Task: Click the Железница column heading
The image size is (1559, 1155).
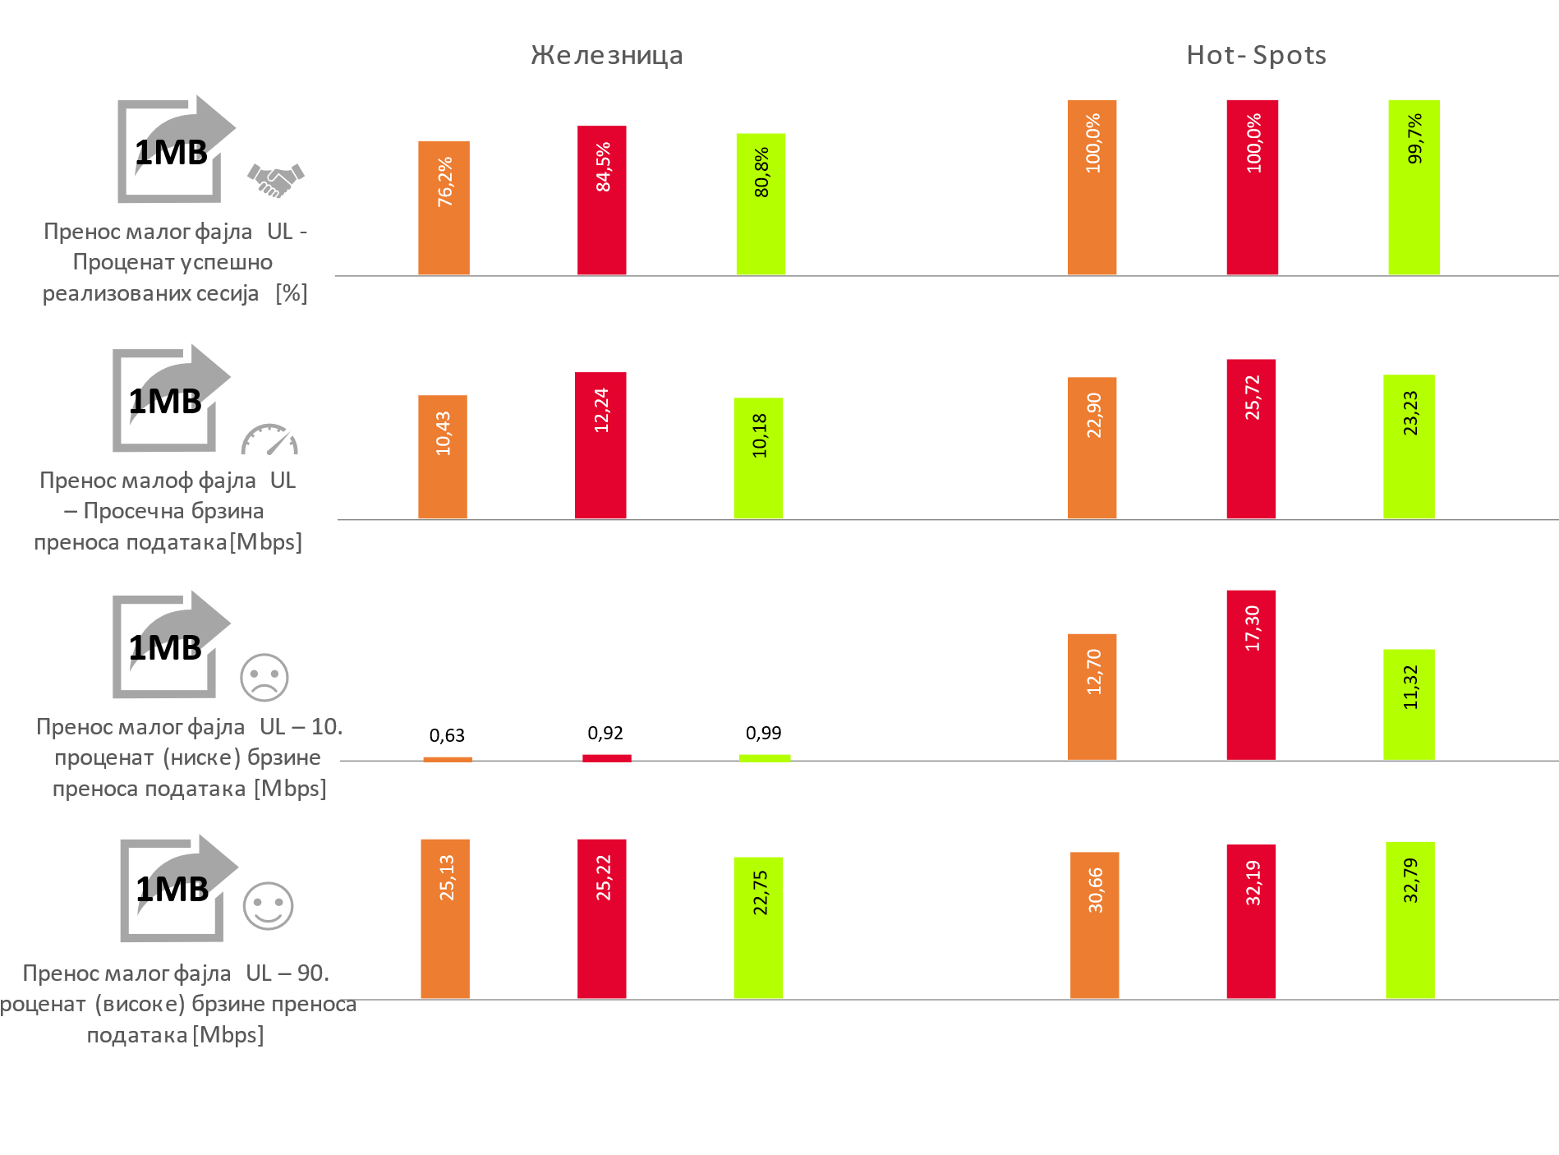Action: [606, 55]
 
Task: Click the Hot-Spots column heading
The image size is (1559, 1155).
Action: [1256, 55]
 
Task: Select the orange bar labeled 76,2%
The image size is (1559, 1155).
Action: [444, 208]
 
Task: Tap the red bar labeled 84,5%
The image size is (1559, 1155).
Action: [601, 200]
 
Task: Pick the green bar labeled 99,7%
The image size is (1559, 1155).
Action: [1414, 187]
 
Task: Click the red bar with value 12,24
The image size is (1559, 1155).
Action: [600, 445]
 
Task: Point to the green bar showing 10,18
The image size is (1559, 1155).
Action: [758, 458]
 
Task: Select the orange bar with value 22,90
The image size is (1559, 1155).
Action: [1092, 448]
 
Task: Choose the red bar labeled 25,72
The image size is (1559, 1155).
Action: [1251, 439]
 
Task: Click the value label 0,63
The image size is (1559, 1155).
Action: [447, 735]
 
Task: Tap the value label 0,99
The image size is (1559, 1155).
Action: [763, 733]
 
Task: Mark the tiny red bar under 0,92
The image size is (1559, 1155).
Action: [607, 758]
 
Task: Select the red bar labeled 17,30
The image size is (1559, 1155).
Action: [1251, 674]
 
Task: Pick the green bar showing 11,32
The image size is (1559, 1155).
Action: [1409, 704]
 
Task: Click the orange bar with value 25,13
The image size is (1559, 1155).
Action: [445, 918]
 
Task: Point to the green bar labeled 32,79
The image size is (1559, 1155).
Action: [1410, 920]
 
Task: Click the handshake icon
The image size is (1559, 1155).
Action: [276, 180]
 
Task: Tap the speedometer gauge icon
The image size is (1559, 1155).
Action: [269, 439]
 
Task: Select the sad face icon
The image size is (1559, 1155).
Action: [264, 678]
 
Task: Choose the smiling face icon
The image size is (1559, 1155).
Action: [268, 906]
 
